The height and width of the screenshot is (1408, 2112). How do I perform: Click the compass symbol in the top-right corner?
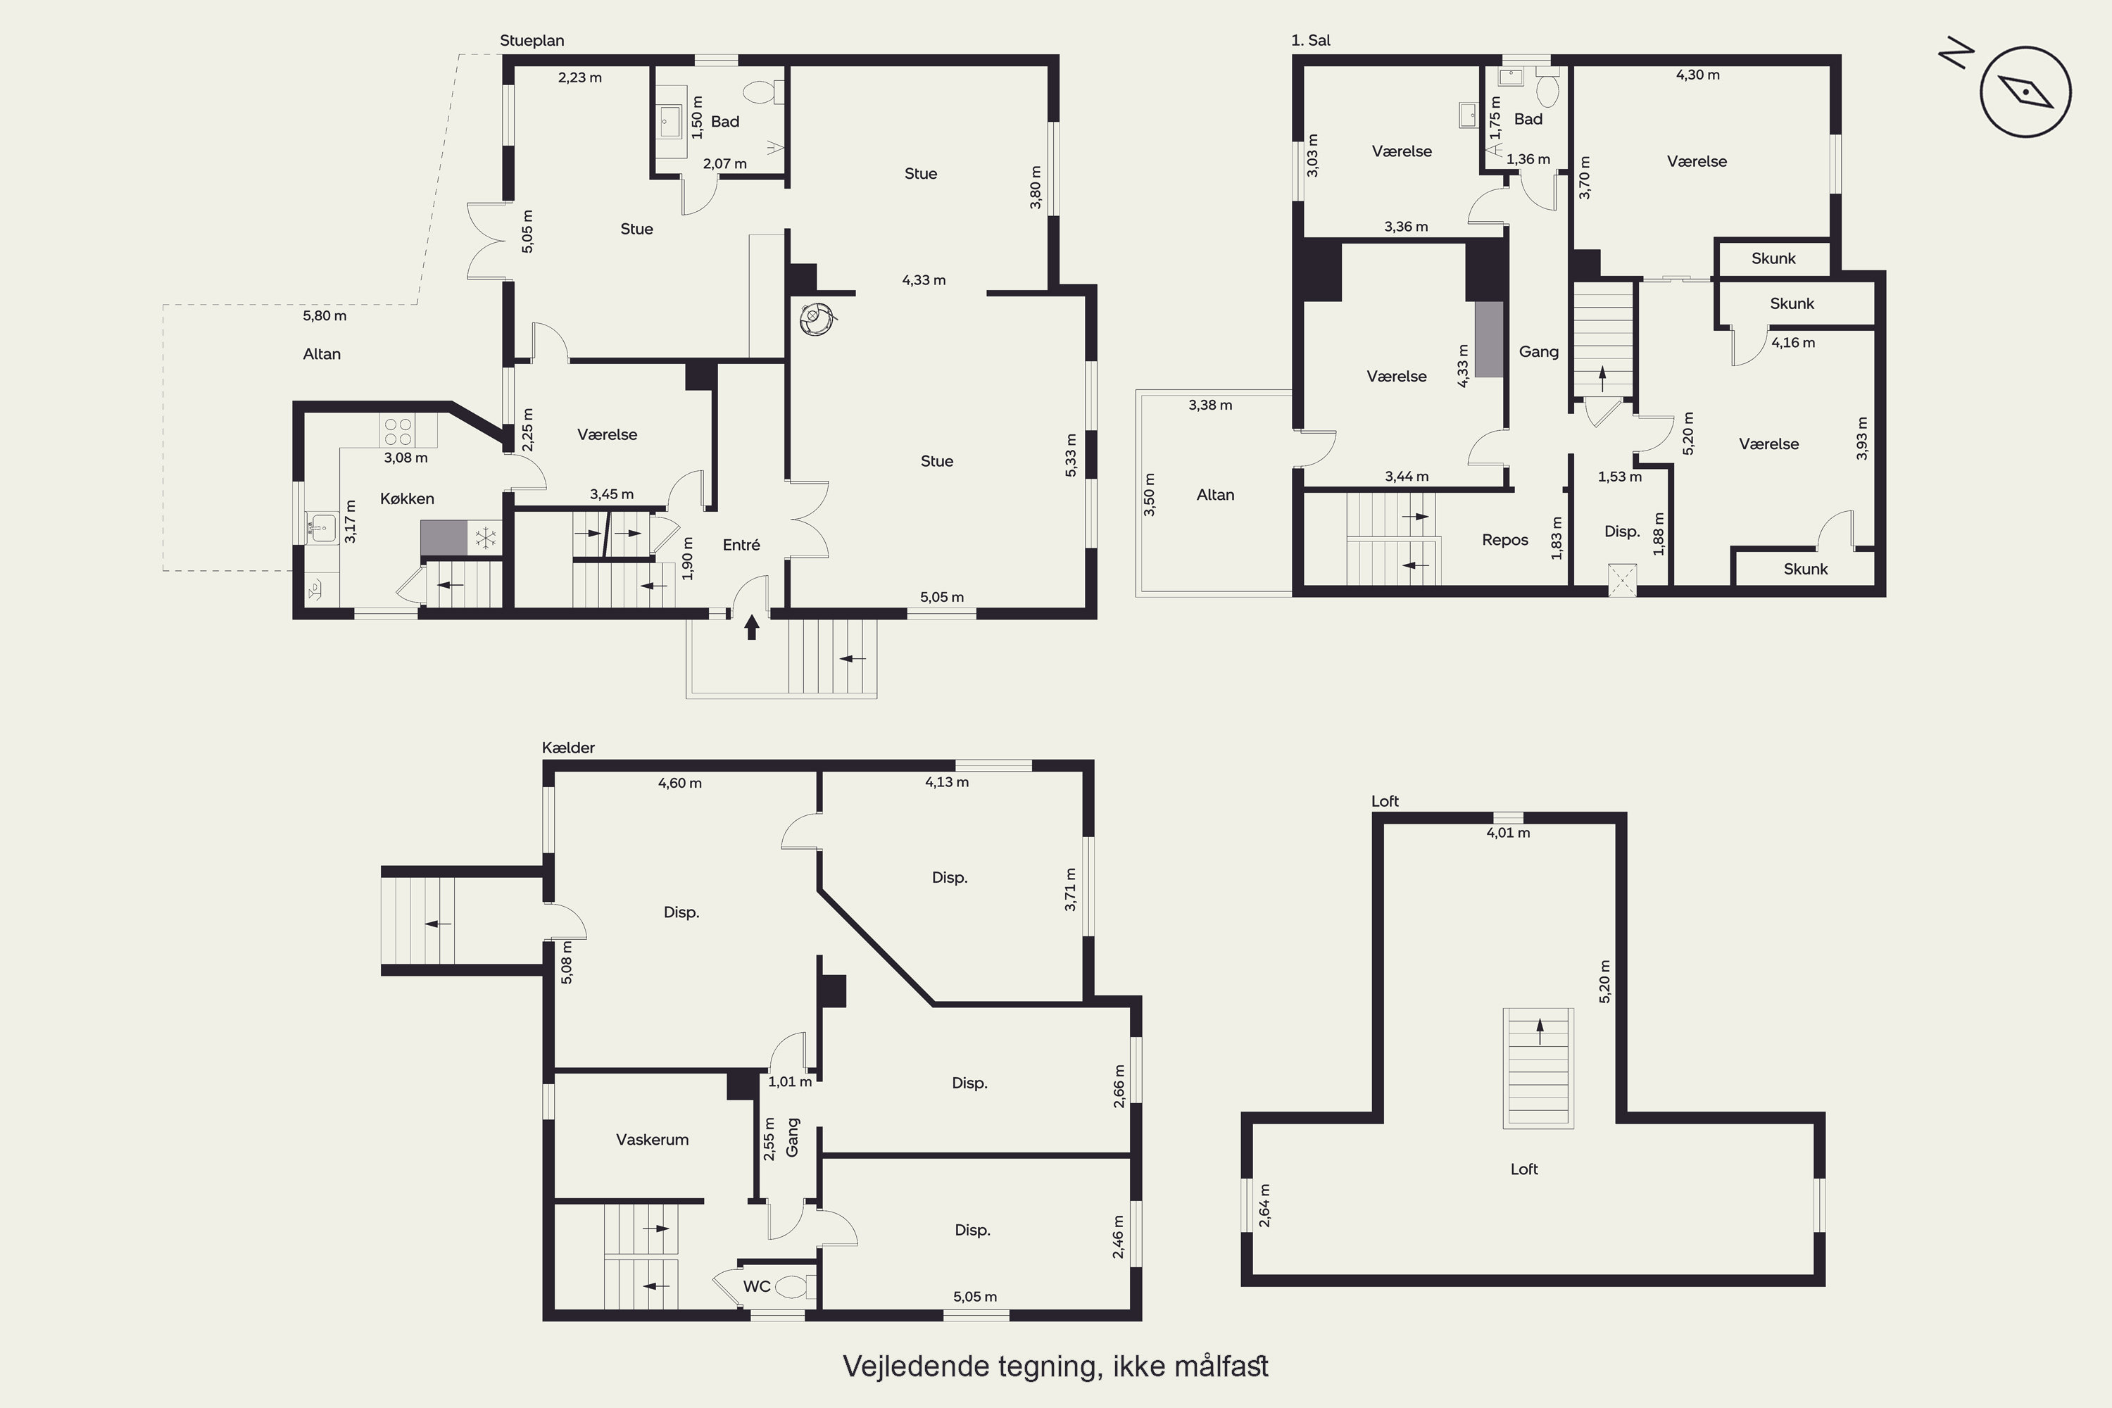2026,92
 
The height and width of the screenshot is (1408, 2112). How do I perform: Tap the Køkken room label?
407,498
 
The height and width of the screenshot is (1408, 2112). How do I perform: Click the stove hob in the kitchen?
398,431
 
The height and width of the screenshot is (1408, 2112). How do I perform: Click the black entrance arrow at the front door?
752,627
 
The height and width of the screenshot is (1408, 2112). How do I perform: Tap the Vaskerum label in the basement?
652,1140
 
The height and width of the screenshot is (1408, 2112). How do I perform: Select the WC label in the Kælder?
756,1287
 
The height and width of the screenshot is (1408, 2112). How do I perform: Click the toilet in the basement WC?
795,1287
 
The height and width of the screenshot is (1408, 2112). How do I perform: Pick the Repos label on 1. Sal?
1505,540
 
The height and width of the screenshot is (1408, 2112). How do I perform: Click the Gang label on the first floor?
1538,352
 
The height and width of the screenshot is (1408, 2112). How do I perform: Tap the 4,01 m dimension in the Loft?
1509,832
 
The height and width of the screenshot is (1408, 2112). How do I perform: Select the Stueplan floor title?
532,40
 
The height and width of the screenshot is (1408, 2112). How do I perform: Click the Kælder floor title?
568,747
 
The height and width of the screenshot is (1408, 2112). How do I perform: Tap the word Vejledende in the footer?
916,1366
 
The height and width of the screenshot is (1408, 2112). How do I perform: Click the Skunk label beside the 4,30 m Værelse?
1773,258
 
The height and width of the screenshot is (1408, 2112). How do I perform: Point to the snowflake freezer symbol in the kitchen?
485,539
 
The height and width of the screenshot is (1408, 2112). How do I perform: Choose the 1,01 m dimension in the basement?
789,1082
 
